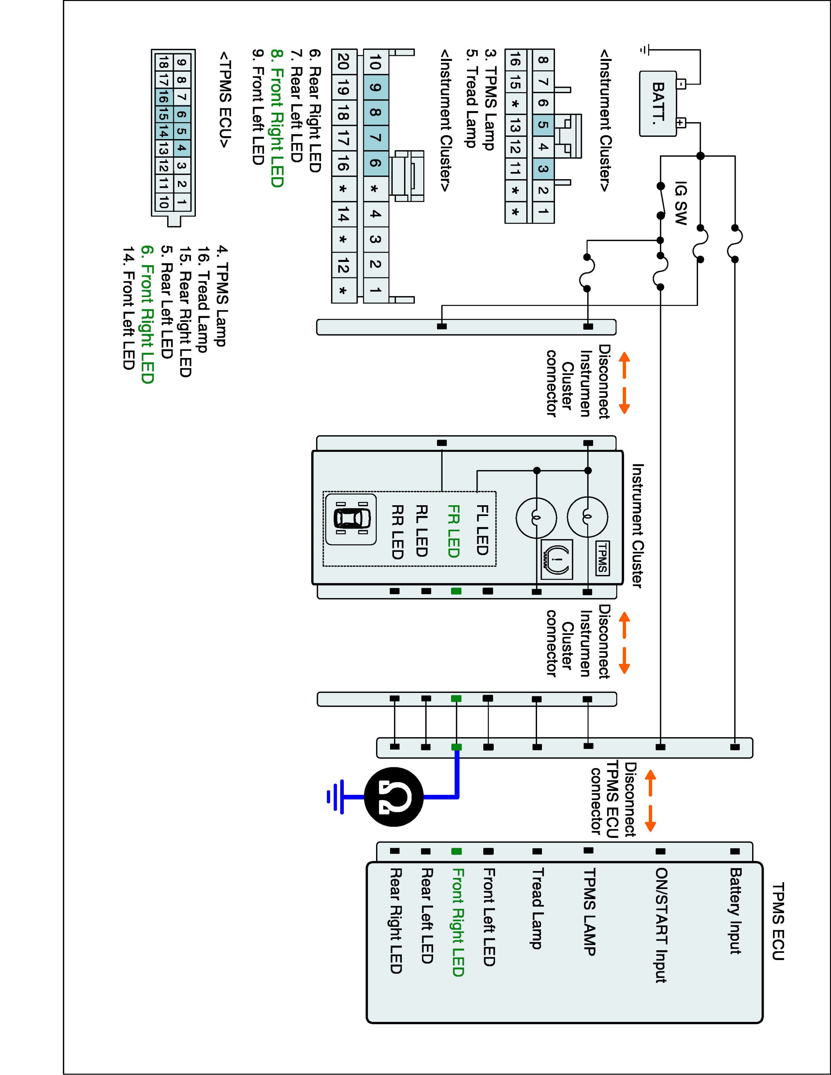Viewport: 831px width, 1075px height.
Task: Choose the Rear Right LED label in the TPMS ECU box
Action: (396, 921)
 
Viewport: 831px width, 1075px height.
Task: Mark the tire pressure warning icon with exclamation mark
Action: (557, 559)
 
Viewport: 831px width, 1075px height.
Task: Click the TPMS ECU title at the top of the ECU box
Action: (778, 921)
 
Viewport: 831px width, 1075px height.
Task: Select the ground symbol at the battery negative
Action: (645, 49)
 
